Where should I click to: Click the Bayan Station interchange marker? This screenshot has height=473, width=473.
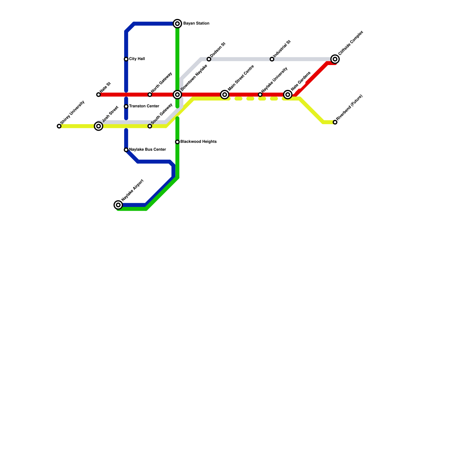coord(177,24)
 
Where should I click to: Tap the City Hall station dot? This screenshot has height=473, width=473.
coord(126,59)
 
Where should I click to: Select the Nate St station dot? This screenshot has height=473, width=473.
coord(98,95)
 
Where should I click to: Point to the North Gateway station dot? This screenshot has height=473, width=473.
coord(150,95)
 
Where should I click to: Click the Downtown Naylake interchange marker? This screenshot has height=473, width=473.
coord(177,95)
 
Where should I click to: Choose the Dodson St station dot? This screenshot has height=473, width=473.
coord(209,59)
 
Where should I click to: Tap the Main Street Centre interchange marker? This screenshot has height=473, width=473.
coord(225,95)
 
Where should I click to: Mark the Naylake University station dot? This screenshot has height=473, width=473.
coord(260,95)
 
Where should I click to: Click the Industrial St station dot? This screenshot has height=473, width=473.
coord(272,59)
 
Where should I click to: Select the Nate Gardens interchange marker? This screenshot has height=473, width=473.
coord(288,95)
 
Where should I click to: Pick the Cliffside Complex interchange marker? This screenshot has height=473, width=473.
coord(335,59)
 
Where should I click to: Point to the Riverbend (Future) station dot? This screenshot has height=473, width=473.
coord(335,122)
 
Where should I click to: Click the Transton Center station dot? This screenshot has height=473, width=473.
coord(126,106)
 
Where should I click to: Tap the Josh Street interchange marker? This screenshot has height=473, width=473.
coord(98,126)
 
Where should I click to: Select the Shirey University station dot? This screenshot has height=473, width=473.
coord(59,126)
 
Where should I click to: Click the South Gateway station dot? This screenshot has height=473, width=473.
coord(150,126)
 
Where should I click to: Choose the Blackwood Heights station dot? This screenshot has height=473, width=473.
coord(177,142)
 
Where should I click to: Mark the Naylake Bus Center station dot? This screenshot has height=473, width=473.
coord(126,150)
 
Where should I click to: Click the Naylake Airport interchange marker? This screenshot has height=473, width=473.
coord(118,205)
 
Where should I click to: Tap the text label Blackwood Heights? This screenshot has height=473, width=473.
coord(198,142)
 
